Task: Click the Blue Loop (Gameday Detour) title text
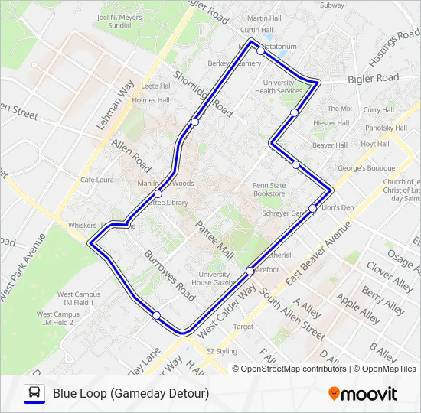[x=131, y=394]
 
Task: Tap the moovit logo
[x=363, y=394]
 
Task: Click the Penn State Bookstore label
[x=269, y=189]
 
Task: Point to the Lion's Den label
[x=337, y=207]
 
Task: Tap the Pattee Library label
[x=166, y=203]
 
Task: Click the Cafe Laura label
[x=96, y=180]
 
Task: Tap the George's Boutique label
[x=366, y=167]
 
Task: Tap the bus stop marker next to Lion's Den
[x=313, y=208]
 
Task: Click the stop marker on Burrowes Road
[x=156, y=315]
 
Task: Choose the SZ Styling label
[x=222, y=351]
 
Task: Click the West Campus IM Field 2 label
[x=57, y=318]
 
